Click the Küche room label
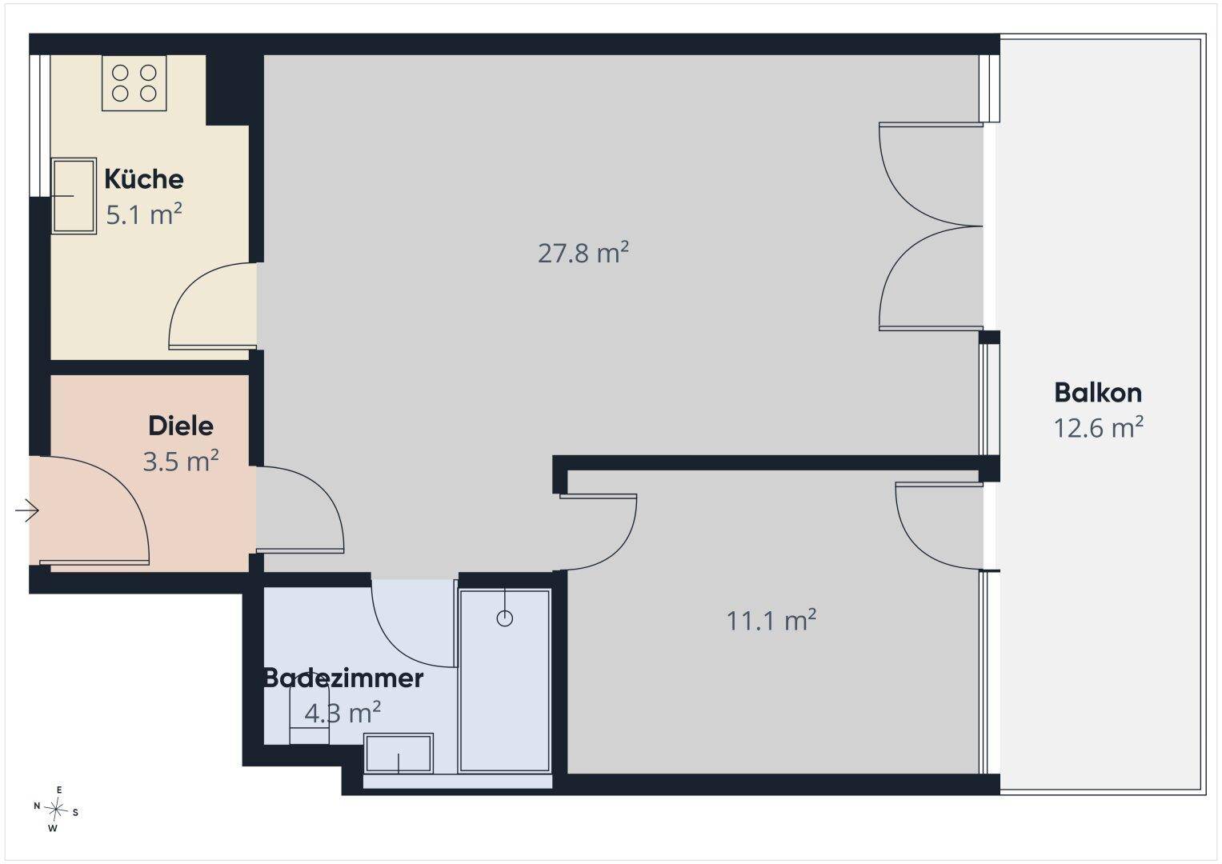click(x=144, y=179)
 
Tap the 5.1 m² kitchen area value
click(x=144, y=214)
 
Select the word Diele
click(x=181, y=426)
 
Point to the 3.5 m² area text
click(x=181, y=461)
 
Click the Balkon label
click(x=1098, y=393)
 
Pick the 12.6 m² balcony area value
click(x=1098, y=428)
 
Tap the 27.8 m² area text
click(x=583, y=253)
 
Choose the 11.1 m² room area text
click(x=771, y=620)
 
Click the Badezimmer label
click(x=343, y=678)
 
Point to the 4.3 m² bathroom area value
click(x=343, y=713)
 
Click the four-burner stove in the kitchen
click(x=134, y=83)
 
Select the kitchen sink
click(x=74, y=196)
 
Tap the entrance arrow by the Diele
click(x=26, y=510)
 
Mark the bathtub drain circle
click(x=505, y=618)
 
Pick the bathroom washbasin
click(x=399, y=754)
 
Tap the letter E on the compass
click(x=59, y=790)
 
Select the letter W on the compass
click(x=53, y=829)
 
